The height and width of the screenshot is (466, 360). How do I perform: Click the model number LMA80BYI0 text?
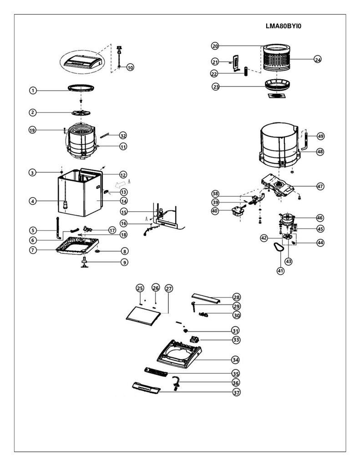coord(283,26)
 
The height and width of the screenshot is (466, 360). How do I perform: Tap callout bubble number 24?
coord(318,60)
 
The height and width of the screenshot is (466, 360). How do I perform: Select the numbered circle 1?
coord(33,91)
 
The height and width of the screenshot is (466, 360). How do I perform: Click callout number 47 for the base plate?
coord(320,186)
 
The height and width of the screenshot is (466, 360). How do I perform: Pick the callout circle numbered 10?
coord(130,67)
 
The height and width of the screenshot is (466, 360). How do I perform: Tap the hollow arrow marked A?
coord(121,184)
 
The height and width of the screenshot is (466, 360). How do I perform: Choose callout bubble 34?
coord(235,360)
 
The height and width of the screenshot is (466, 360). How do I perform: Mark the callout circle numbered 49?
coord(320,136)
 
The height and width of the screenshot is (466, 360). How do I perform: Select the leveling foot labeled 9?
coord(86,263)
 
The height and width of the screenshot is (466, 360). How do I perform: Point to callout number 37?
coord(236,393)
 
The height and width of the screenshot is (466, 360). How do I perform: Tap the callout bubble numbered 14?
coord(124,201)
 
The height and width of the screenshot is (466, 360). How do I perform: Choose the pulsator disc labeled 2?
coord(81,113)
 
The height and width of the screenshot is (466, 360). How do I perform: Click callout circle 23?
coord(216,87)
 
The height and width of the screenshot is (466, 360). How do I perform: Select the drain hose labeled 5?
coord(58,228)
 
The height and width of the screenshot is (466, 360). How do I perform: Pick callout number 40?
coord(215,211)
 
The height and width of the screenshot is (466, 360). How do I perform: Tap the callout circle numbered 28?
coord(237,297)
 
